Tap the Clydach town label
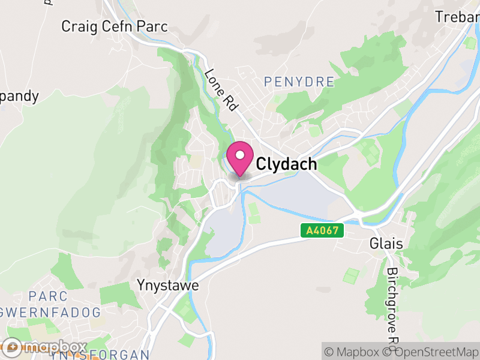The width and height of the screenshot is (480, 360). (x=286, y=164)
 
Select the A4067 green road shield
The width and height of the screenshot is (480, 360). (x=322, y=230)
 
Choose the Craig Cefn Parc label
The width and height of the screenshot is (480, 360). (x=115, y=27)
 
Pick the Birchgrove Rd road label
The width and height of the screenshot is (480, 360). (x=393, y=306)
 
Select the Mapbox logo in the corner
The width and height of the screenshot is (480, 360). (x=45, y=347)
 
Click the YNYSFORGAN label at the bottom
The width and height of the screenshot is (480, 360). (x=99, y=355)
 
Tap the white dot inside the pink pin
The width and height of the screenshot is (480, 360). (x=240, y=155)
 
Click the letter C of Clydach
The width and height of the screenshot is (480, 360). (x=262, y=164)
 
